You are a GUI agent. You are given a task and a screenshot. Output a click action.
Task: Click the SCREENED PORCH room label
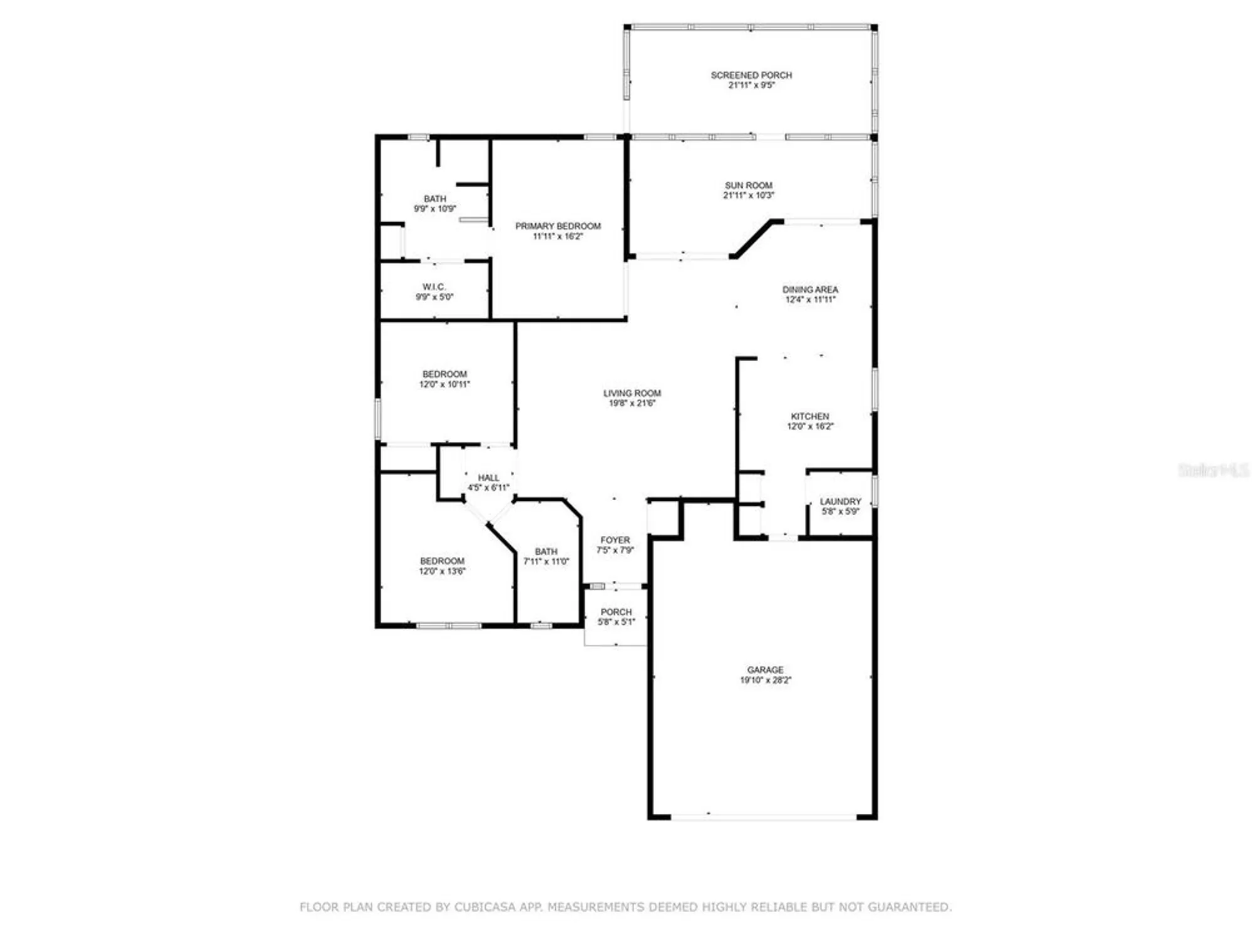[x=751, y=75]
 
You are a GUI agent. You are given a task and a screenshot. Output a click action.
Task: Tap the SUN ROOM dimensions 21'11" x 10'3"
[x=749, y=195]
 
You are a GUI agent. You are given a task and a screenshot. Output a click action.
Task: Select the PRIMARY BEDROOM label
[x=558, y=226]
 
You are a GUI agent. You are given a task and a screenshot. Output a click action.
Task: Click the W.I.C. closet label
[x=434, y=287]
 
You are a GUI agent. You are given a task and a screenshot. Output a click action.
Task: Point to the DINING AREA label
[x=810, y=290]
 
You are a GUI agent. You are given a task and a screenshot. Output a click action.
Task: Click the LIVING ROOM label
[x=632, y=393]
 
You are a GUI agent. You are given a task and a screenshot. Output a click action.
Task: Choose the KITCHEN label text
[x=809, y=416]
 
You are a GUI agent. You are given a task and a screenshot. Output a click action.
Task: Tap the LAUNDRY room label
[x=840, y=501]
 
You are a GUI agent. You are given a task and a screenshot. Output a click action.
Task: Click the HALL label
[x=488, y=478]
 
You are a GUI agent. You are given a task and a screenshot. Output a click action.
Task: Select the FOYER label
[x=615, y=540]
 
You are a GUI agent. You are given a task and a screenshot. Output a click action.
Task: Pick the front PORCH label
[x=616, y=612]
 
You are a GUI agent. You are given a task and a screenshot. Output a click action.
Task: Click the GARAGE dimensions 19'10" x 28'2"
[x=765, y=680]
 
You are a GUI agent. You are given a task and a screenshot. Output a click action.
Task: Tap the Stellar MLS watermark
[x=1213, y=470]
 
